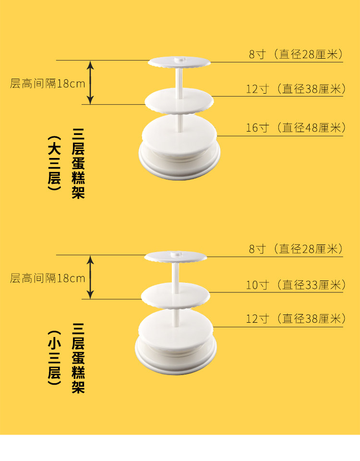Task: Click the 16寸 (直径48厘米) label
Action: (296, 128)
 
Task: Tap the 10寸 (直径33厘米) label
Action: (296, 285)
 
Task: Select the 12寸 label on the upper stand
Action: (296, 89)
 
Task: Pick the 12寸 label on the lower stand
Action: (296, 318)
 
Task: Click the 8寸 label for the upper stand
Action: (296, 54)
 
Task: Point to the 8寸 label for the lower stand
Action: (296, 249)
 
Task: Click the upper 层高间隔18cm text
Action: (48, 84)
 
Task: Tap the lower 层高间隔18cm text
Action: (48, 278)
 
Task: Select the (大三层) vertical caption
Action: (54, 163)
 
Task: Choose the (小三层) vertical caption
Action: (54, 357)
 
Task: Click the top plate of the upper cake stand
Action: (179, 62)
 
